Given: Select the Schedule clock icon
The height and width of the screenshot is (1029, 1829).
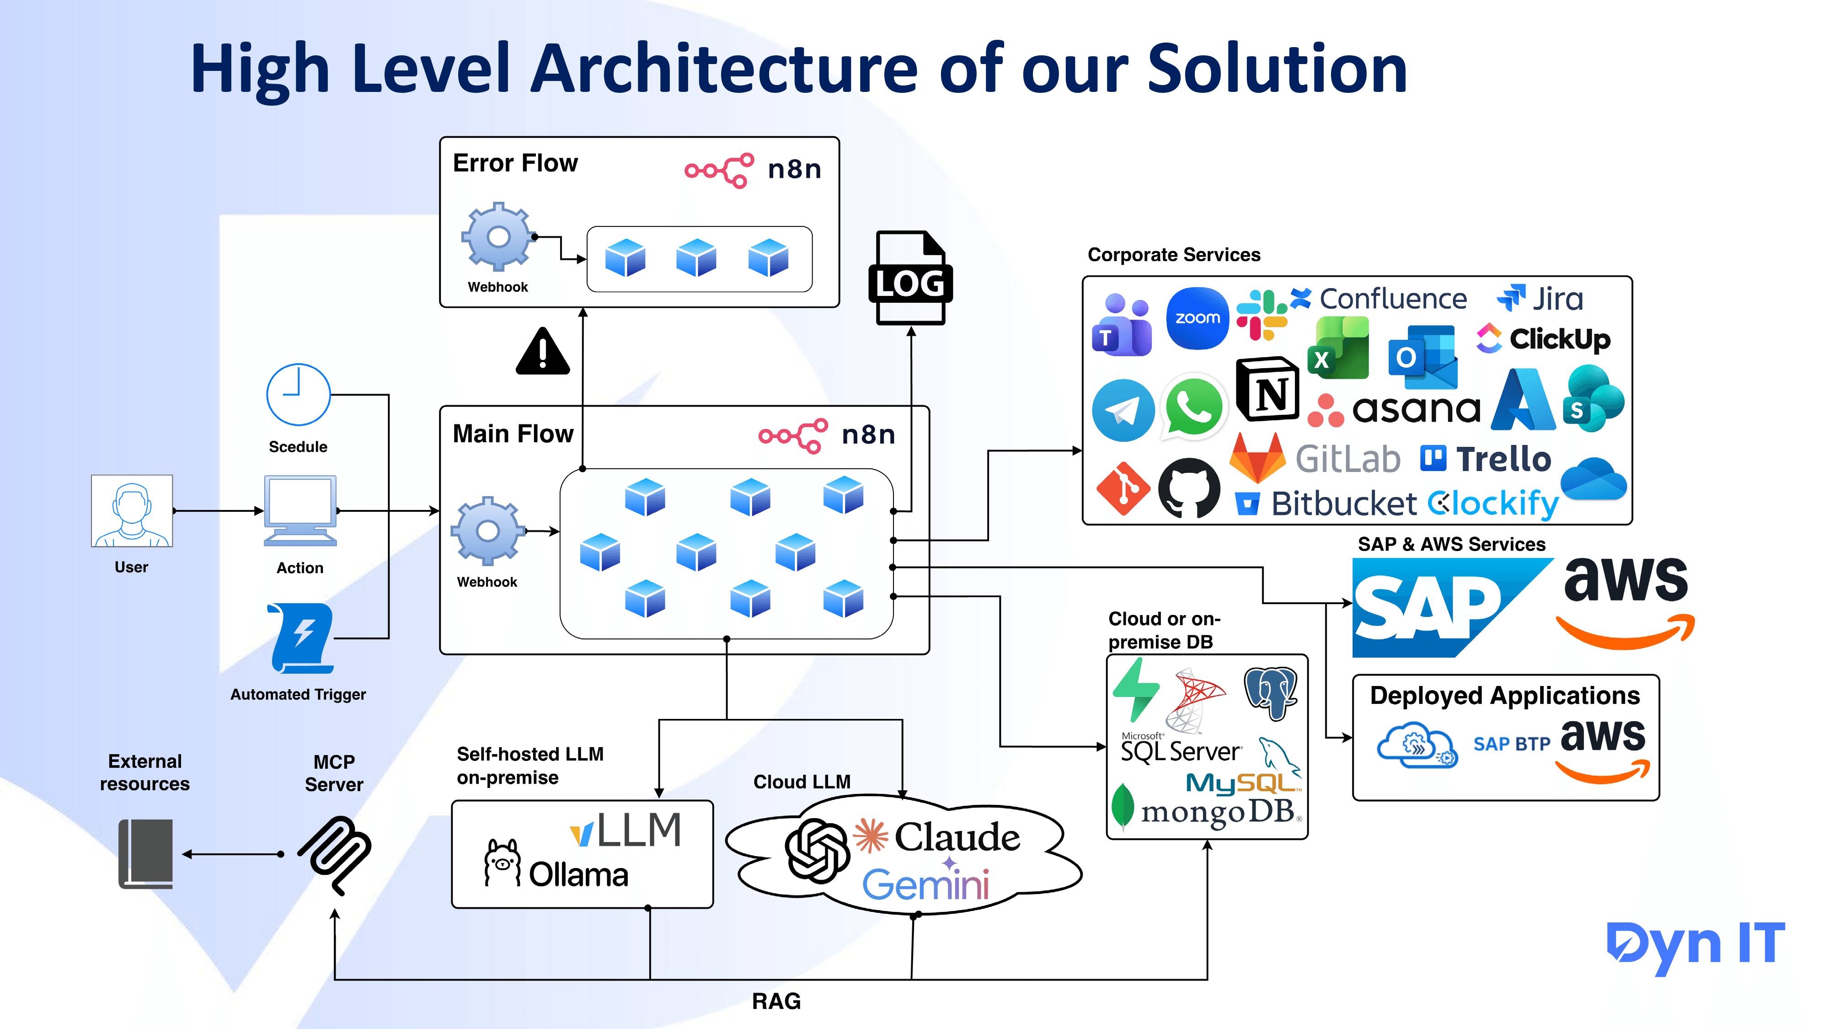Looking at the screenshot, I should coord(298,395).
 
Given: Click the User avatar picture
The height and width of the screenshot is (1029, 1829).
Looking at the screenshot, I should coord(132,510).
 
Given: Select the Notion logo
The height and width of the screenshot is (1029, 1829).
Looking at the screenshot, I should coord(1268,390).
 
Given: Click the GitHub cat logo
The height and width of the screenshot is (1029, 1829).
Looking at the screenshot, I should coord(1189,488).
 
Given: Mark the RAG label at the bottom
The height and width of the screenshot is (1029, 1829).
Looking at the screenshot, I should coord(776,1001).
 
